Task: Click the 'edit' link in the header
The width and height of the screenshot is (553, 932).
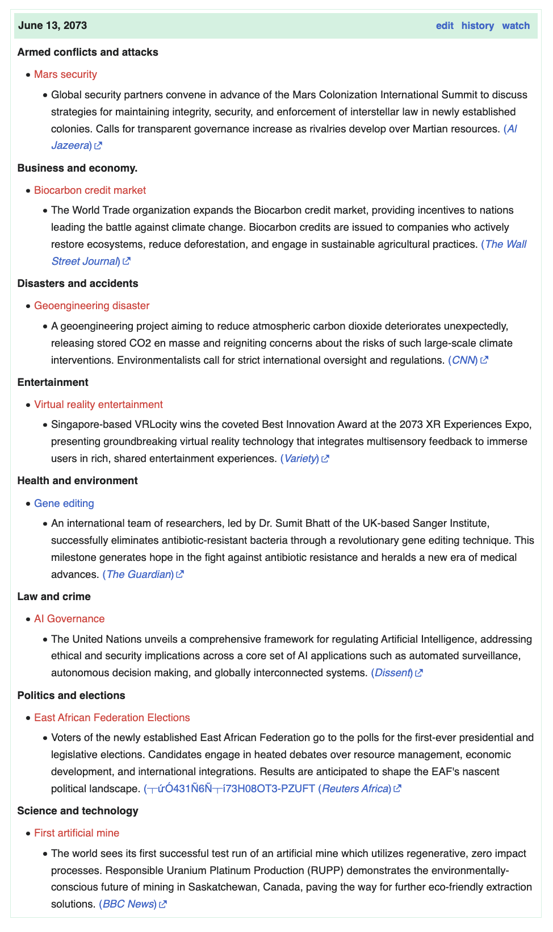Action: click(x=445, y=26)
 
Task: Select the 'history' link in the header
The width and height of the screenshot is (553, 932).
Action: click(x=477, y=26)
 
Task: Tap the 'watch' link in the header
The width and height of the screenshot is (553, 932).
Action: click(x=516, y=26)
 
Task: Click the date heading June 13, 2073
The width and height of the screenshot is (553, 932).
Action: click(x=53, y=26)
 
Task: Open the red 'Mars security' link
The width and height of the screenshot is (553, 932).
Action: click(x=65, y=74)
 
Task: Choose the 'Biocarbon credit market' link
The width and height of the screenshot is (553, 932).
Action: click(x=90, y=190)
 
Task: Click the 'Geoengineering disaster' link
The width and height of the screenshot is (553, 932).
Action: click(x=91, y=306)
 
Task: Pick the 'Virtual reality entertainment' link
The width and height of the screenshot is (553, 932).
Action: click(x=98, y=405)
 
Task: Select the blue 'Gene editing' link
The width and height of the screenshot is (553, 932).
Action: click(x=64, y=504)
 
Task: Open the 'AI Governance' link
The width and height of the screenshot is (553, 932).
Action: click(x=69, y=619)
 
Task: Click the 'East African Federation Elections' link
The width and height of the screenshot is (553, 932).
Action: click(x=112, y=718)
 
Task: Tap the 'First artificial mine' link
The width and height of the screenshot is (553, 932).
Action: click(x=77, y=833)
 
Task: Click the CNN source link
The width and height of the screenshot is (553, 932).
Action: click(x=463, y=360)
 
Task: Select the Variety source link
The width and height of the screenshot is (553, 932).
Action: click(x=300, y=459)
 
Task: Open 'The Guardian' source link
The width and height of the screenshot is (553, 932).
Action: click(x=139, y=575)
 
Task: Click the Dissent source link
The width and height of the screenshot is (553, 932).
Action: click(x=392, y=673)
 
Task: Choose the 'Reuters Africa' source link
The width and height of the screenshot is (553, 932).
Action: click(x=355, y=789)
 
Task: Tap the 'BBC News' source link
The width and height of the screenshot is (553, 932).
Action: click(x=128, y=904)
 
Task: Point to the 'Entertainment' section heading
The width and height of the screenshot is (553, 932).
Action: click(x=53, y=382)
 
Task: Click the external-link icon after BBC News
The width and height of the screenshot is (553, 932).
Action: click(x=163, y=904)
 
